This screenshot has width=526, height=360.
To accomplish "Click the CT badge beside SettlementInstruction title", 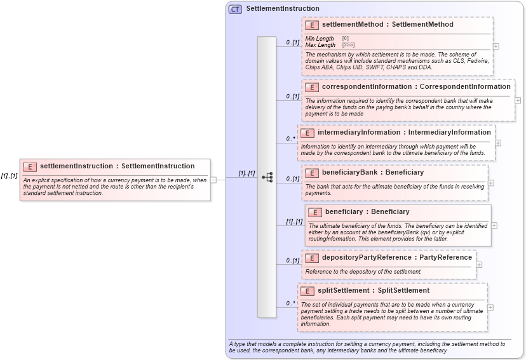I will pos(235,9).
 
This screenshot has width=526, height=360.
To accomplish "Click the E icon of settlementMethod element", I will pos(312,25).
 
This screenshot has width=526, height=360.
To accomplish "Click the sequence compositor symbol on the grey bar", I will pos(267,177).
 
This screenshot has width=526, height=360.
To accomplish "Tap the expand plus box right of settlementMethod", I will pos(496,46).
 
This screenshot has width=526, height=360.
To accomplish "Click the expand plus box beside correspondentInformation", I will pos(518,100).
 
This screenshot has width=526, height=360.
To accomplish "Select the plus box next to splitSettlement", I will pos(490,307).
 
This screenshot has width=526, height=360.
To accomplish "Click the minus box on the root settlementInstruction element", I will pos(214,180).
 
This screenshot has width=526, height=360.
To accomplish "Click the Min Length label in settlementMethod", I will pos(320,39).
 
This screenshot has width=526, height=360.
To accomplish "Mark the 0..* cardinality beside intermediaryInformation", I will pos(291,138).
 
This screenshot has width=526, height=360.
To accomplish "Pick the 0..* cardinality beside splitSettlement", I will pos(291,303).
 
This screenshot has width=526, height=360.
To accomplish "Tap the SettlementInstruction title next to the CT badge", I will pos(283,9).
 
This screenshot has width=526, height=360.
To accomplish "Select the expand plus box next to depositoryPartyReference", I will pos(479,265).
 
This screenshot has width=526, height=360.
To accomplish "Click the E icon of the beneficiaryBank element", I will pos(312,173).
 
